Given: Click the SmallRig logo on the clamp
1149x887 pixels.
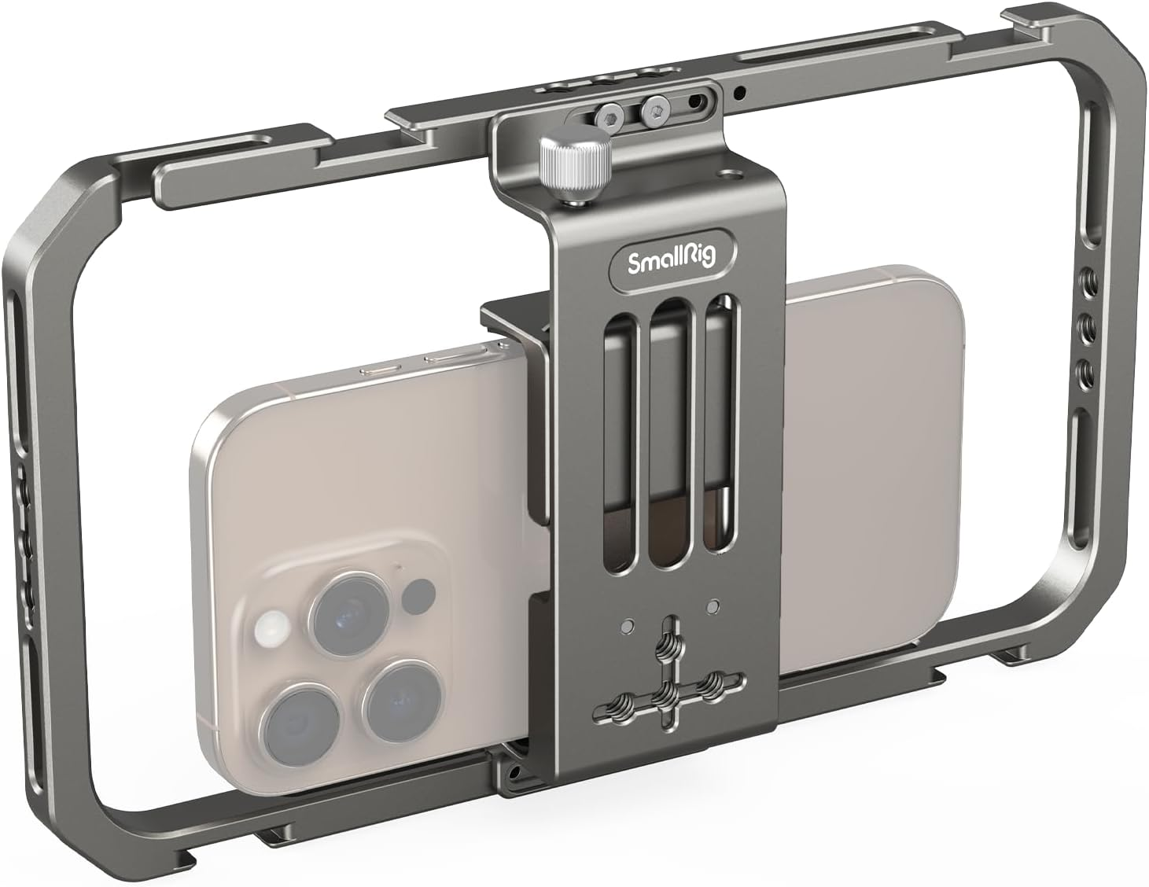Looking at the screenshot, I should [673, 259].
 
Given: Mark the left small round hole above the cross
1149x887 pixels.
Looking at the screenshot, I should [626, 626].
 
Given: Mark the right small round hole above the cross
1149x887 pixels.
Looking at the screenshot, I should [713, 605].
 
